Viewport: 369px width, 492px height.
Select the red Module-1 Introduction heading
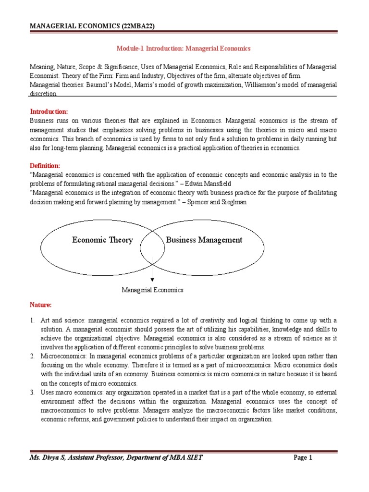[184, 49]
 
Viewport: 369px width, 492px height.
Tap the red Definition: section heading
[46, 166]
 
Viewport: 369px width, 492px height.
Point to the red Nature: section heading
[40, 305]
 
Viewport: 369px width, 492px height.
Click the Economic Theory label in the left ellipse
[102, 240]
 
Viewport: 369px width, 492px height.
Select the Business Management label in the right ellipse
[204, 240]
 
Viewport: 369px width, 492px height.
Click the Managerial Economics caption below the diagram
[152, 290]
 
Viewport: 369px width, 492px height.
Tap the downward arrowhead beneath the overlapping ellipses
[152, 279]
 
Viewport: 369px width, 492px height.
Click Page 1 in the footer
[303, 458]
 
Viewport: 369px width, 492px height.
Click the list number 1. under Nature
[32, 321]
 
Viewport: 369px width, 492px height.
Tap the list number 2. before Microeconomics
[32, 356]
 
